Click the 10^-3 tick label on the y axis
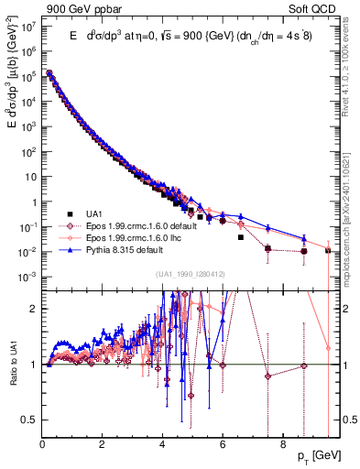27,276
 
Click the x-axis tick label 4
162,447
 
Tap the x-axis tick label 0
43,447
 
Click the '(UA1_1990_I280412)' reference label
191,274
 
